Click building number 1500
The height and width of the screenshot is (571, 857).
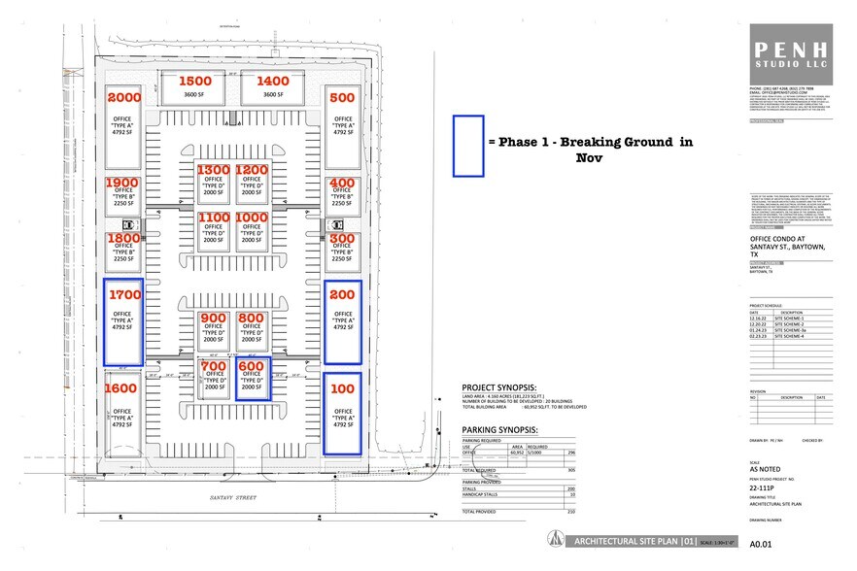pyautogui.click(x=195, y=82)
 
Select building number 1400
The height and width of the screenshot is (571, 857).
pyautogui.click(x=273, y=82)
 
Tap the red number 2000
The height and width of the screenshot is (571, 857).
pyautogui.click(x=123, y=97)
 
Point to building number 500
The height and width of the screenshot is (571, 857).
pyautogui.click(x=342, y=97)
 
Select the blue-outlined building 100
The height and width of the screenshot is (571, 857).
pyautogui.click(x=342, y=415)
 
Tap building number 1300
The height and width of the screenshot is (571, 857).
pyautogui.click(x=214, y=170)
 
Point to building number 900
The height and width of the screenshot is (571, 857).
pyautogui.click(x=213, y=318)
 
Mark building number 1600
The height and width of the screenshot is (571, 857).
pyautogui.click(x=123, y=388)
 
